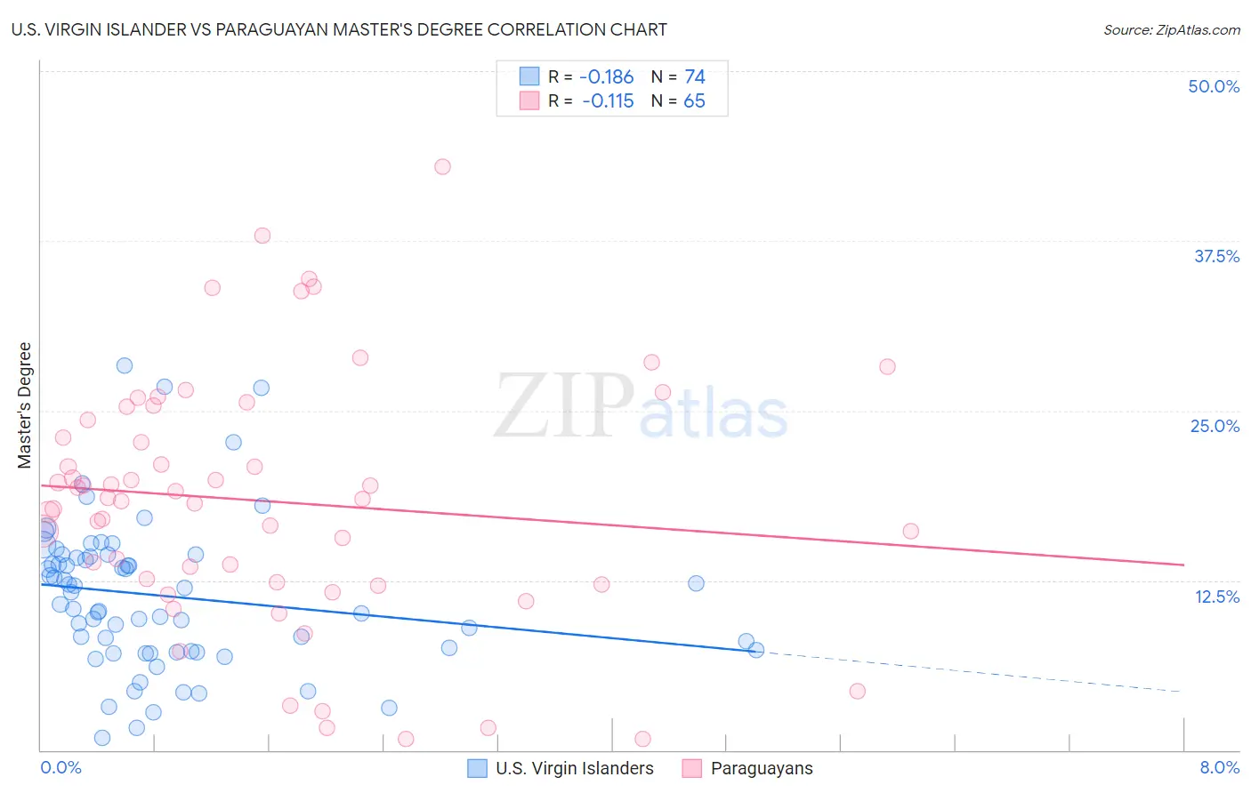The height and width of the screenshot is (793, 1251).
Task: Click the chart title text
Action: click(339, 29)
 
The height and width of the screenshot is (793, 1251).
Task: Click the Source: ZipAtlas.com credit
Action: click(1171, 29)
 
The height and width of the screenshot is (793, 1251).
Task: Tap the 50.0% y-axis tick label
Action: click(1214, 86)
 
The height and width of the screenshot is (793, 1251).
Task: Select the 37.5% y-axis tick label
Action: click(1216, 256)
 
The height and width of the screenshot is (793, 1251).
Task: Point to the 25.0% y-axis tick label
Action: click(1215, 426)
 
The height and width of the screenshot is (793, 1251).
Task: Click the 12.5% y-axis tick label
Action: click(1216, 597)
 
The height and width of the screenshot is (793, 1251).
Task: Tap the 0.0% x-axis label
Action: click(61, 767)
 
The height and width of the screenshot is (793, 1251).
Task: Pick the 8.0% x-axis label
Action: click(1219, 767)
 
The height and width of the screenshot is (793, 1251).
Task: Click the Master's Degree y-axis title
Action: click(25, 405)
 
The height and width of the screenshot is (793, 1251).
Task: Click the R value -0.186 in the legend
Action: click(606, 76)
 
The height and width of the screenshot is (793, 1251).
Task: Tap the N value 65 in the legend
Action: click(694, 100)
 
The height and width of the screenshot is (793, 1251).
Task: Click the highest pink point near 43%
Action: click(442, 166)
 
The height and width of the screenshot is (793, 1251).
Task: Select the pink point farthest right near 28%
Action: click(887, 366)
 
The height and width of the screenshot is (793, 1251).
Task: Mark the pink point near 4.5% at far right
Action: click(857, 691)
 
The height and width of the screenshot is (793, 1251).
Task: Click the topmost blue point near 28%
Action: click(125, 365)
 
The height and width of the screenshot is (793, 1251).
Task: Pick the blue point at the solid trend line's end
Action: click(756, 650)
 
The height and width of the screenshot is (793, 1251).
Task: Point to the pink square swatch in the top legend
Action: click(529, 100)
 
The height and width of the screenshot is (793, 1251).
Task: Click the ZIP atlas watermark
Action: click(641, 405)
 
